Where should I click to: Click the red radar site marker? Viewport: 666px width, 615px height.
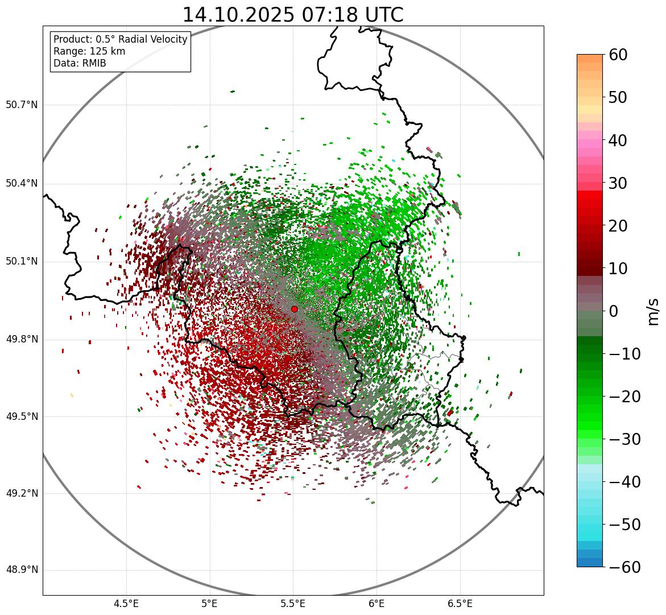tap(294, 309)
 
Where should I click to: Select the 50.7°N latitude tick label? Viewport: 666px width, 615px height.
tap(22, 105)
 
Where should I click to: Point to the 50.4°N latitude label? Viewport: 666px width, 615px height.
tap(22, 183)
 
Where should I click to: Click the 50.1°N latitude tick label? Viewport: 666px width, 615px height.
tap(22, 261)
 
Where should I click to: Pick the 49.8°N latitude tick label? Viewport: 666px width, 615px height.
tap(22, 339)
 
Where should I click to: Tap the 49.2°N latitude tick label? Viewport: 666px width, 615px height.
tap(22, 493)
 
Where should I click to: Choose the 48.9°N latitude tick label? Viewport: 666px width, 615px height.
tap(22, 569)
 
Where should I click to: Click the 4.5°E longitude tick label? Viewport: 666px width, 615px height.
tap(126, 603)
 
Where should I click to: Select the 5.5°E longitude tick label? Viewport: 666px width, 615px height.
tap(293, 603)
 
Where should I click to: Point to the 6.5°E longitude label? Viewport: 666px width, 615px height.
tap(460, 603)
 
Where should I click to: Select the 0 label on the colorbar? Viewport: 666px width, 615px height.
tap(614, 311)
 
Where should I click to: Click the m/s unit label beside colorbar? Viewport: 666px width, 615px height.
tap(653, 311)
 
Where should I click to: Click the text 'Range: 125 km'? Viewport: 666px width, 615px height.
tap(89, 51)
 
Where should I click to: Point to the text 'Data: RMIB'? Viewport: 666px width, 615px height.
tap(80, 63)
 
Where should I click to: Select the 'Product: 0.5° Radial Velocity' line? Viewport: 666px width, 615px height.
tap(120, 39)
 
